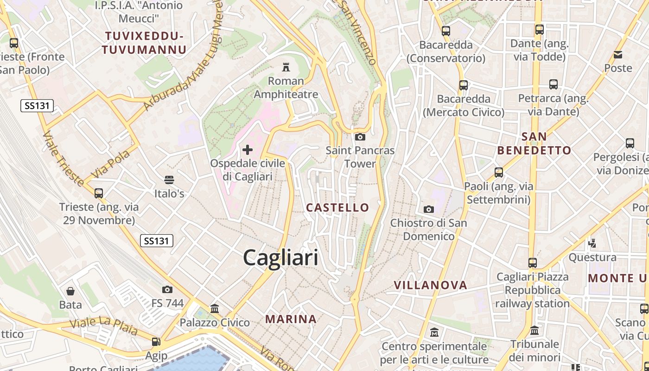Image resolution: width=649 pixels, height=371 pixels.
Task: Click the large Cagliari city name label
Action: coord(280,257)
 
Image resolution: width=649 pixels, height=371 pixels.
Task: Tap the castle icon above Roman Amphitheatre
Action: coord(286,68)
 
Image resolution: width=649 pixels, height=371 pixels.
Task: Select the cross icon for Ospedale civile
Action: coord(248,149)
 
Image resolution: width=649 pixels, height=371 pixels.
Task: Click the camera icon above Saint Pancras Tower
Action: coord(360,137)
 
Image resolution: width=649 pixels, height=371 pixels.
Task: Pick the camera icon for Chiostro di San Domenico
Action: coord(428,209)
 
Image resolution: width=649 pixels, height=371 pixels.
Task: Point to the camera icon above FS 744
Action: coord(167,290)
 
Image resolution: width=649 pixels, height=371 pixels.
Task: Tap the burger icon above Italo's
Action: coord(169,180)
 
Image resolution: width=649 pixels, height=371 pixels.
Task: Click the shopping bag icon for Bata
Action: coord(70,291)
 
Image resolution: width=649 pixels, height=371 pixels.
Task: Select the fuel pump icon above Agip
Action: coord(156,342)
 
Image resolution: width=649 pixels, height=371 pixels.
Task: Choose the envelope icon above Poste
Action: coord(618,55)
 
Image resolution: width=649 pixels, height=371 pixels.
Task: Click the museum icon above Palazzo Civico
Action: coord(215,308)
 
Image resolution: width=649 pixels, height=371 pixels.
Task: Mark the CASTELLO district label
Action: coord(337,207)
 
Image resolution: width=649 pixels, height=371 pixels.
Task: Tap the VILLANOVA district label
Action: coord(430,285)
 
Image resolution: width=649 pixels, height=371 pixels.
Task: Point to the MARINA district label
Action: coord(291,319)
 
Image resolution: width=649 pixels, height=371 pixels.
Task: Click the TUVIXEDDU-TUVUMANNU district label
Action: coord(145,43)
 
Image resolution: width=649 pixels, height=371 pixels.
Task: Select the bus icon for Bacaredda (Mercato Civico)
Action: coord(464,85)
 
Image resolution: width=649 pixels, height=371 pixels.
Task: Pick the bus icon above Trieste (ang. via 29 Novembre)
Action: coord(98,193)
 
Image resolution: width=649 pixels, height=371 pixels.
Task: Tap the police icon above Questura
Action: coord(592,243)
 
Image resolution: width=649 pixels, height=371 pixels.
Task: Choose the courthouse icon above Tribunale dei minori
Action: coord(534,331)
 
